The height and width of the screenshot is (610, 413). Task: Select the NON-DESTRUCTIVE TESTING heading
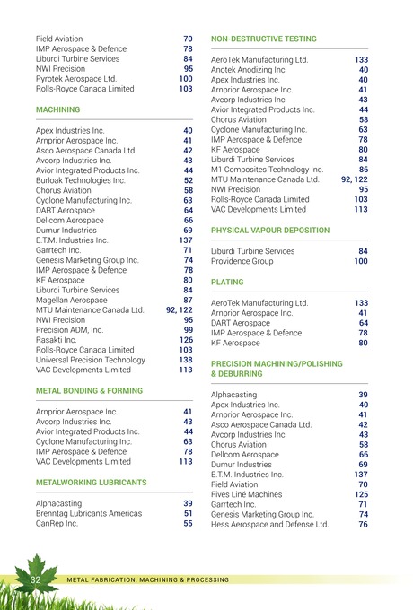click(263, 39)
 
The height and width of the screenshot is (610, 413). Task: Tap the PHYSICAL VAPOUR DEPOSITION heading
click(270, 231)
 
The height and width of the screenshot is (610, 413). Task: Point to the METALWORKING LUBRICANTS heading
click(91, 482)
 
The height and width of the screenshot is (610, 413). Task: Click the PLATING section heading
click(226, 282)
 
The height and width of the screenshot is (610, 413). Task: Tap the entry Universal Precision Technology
click(90, 360)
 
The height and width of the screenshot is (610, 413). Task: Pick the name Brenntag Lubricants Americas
click(88, 513)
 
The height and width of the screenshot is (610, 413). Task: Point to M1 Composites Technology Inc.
click(267, 170)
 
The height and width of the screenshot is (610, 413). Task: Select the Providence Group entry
click(242, 262)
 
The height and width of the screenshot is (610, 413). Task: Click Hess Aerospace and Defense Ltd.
click(269, 525)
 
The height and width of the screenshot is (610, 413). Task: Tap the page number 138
click(186, 360)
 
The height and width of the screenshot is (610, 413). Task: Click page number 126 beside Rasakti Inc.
click(186, 340)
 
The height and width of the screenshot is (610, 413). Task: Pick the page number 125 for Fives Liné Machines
click(361, 494)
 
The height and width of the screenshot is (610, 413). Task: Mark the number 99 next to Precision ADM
click(189, 330)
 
